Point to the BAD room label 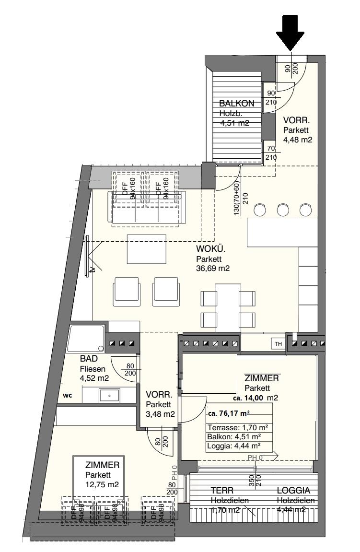(x=89, y=360)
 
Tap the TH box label (x=278, y=343)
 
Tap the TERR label (x=222, y=491)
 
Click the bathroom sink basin (x=110, y=395)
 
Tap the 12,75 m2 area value (x=102, y=484)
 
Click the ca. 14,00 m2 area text (x=256, y=398)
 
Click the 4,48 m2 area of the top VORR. (x=298, y=140)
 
